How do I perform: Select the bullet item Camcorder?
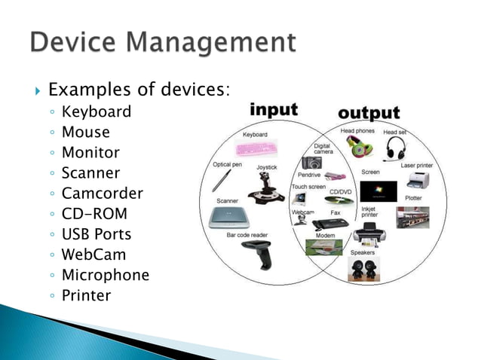pyautogui.click(x=102, y=194)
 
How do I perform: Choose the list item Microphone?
pyautogui.click(x=105, y=275)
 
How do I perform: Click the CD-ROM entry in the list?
pyautogui.click(x=94, y=214)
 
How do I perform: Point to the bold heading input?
pyautogui.click(x=274, y=110)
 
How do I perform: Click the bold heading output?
pyautogui.click(x=369, y=113)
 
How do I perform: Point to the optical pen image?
pyautogui.click(x=221, y=181)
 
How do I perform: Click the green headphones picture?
pyautogui.click(x=357, y=148)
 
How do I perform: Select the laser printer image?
pyautogui.click(x=418, y=181)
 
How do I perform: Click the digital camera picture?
pyautogui.click(x=311, y=162)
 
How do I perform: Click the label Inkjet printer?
pyautogui.click(x=369, y=212)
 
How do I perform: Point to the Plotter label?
pyautogui.click(x=413, y=199)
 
